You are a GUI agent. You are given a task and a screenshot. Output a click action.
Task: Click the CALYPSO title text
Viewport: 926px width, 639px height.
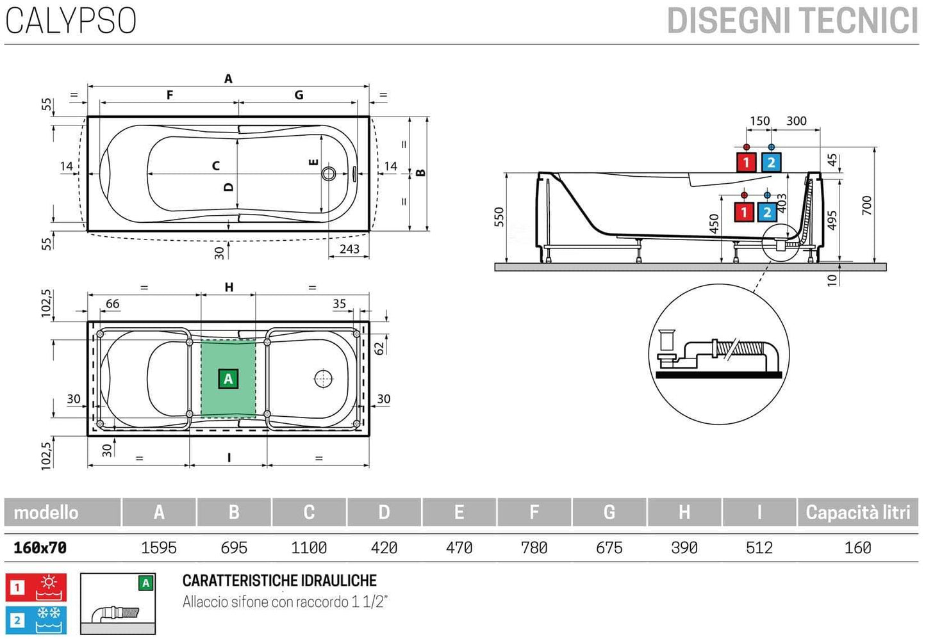click(x=70, y=20)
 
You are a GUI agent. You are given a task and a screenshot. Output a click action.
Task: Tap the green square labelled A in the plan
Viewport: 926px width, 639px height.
click(x=228, y=379)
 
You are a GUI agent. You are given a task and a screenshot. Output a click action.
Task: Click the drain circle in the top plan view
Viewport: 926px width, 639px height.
click(x=329, y=174)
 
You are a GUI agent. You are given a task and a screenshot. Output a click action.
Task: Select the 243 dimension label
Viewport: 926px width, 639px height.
click(x=349, y=249)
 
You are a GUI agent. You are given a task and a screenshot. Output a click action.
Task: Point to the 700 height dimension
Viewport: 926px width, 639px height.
click(x=866, y=205)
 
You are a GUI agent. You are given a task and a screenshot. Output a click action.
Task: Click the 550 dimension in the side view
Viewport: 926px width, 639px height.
click(x=499, y=217)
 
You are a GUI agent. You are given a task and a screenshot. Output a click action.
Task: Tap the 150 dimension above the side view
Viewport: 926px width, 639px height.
click(x=759, y=121)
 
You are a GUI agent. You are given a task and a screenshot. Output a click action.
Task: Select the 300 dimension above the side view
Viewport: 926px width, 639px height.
click(x=796, y=121)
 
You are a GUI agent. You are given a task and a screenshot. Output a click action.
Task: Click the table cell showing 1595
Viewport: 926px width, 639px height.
click(x=158, y=548)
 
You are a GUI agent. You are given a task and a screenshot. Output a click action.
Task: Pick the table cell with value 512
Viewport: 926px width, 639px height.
click(x=759, y=548)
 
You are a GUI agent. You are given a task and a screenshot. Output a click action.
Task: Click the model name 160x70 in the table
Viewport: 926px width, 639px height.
click(x=40, y=548)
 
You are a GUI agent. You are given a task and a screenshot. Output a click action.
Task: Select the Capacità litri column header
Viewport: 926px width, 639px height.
click(x=857, y=512)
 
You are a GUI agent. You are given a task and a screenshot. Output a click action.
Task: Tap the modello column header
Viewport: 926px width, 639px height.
click(x=46, y=512)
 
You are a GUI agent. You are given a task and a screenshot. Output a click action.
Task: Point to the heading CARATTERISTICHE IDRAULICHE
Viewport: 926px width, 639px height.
click(x=279, y=581)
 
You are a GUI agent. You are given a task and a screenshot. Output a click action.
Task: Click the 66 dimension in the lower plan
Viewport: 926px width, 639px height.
click(x=112, y=304)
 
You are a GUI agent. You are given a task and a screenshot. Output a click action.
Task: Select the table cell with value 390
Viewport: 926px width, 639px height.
click(x=684, y=548)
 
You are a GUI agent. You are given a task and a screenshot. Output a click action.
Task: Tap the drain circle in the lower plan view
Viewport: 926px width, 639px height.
click(x=324, y=379)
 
